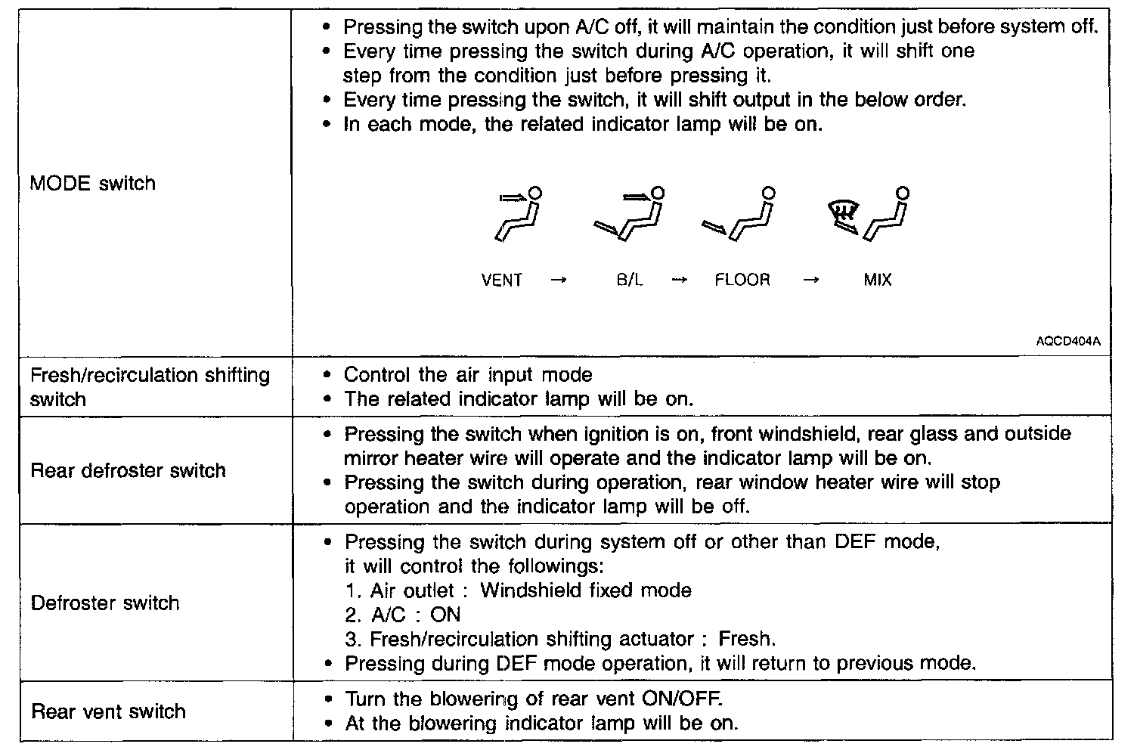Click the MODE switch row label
(92, 184)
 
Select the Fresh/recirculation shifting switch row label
(149, 387)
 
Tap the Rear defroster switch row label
(128, 471)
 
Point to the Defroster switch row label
(105, 603)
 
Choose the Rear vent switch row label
(108, 711)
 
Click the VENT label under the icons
(501, 280)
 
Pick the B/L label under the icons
(629, 280)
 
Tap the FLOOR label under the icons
(742, 280)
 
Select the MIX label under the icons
(877, 280)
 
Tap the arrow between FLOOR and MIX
(810, 280)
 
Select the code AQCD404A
(1068, 342)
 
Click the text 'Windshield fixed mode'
(585, 590)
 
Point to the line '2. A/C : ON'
(402, 615)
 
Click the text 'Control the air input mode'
(468, 375)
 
